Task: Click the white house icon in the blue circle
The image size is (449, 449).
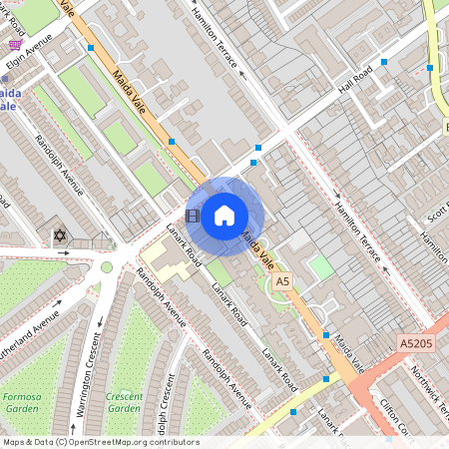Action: pos(224,216)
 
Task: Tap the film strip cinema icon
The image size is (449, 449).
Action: pos(193,216)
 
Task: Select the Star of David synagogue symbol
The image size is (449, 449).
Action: pos(59,236)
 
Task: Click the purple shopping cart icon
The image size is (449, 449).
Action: pos(14,45)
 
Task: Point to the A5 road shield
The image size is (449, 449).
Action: pos(282,282)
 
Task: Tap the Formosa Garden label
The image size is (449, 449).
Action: pos(22,401)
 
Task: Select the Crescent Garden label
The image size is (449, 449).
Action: pos(124,401)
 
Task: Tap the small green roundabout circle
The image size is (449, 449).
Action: pos(107,266)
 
